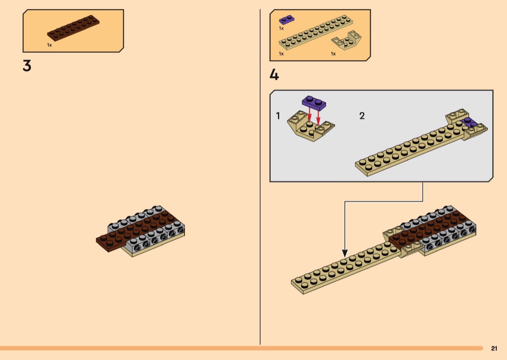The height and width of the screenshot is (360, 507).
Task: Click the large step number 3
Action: pos(27,66)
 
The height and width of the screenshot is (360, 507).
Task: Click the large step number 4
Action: pos(274,75)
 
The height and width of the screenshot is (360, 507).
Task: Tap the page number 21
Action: pos(494,348)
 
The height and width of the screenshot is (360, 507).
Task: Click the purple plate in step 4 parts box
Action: pos(287,20)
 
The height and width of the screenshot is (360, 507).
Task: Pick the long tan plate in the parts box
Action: pos(316,33)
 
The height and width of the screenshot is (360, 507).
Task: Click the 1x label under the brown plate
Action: pos(49,45)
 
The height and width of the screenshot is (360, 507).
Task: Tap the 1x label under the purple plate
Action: pos(281,28)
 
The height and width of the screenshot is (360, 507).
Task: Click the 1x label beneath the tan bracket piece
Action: pos(333,54)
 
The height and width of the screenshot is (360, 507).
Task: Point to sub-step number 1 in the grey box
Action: pos(278,116)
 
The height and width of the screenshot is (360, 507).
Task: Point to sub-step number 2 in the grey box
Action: pos(362,116)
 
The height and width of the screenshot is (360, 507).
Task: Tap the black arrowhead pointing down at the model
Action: pos(345,252)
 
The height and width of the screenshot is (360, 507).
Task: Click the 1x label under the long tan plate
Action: pos(281,54)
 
